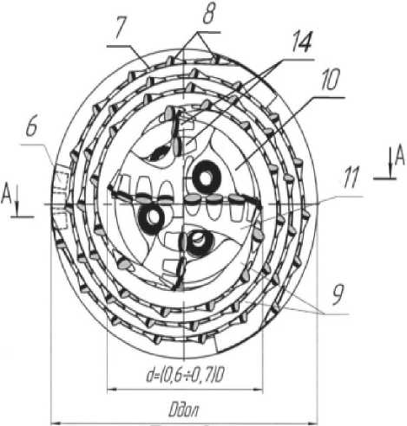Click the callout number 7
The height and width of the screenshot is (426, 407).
[x=120, y=29]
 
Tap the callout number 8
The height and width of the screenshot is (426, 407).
[x=209, y=14]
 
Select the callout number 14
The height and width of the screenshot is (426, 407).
[x=301, y=42]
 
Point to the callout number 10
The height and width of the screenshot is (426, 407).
[x=330, y=79]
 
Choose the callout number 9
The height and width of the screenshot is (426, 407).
[x=338, y=294]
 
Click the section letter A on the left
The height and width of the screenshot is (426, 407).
[x=6, y=195]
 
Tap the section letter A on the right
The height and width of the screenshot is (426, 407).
[x=400, y=158]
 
